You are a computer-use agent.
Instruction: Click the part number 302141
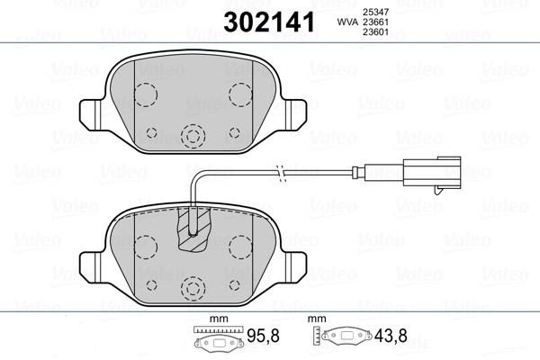coord(269,22)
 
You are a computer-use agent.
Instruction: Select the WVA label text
coord(347,22)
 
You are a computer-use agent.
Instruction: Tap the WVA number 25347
coord(375,12)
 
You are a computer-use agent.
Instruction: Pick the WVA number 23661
coord(375,22)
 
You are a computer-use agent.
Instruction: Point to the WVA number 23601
coord(375,32)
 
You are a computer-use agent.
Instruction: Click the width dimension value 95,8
coord(263,336)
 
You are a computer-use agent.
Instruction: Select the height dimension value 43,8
coord(391,336)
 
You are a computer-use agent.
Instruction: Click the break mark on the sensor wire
coord(281,171)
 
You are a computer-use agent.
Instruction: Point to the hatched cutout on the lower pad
coord(193,228)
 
